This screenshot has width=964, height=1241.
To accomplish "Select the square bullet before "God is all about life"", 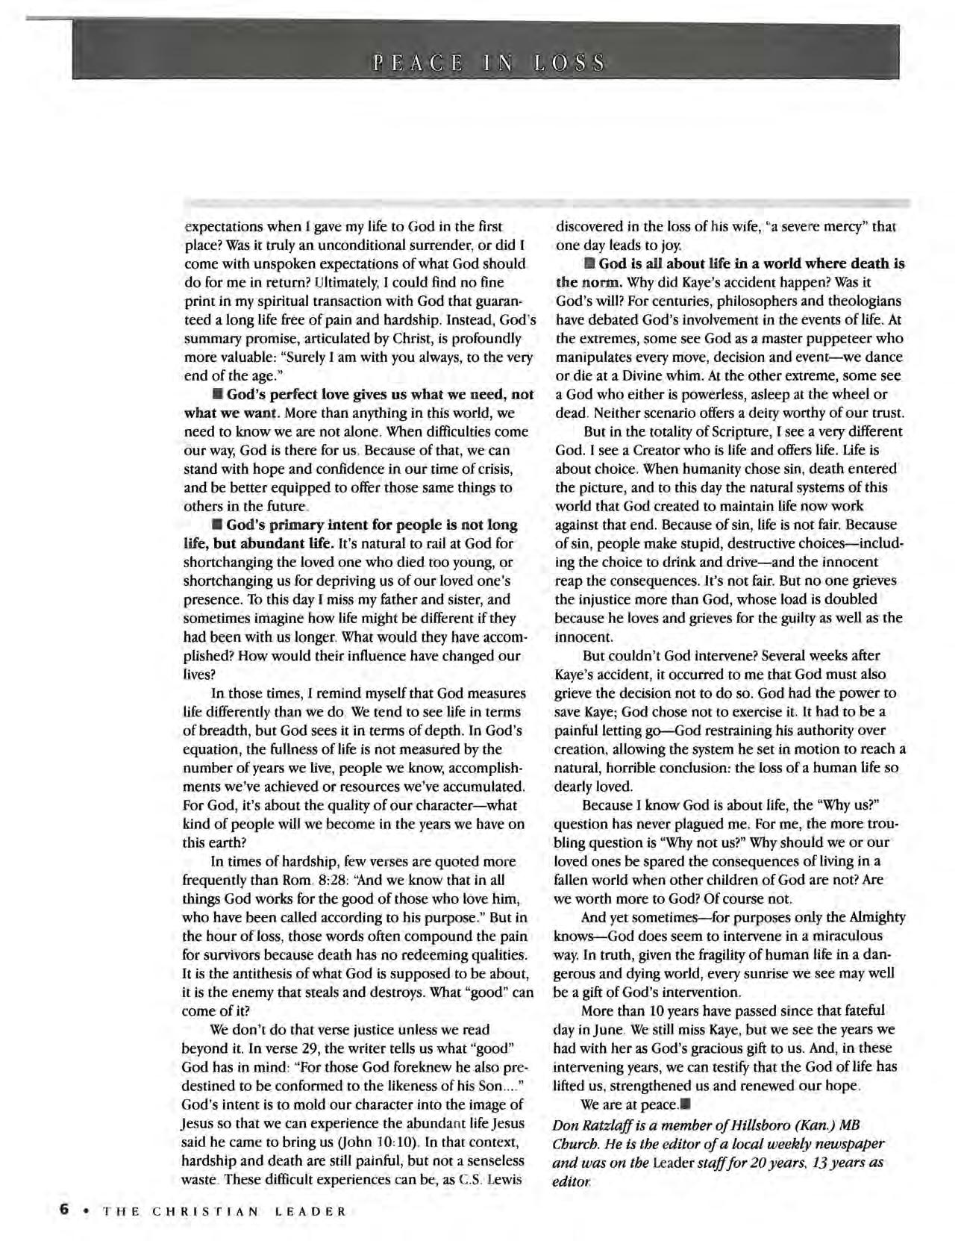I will [x=589, y=264].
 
